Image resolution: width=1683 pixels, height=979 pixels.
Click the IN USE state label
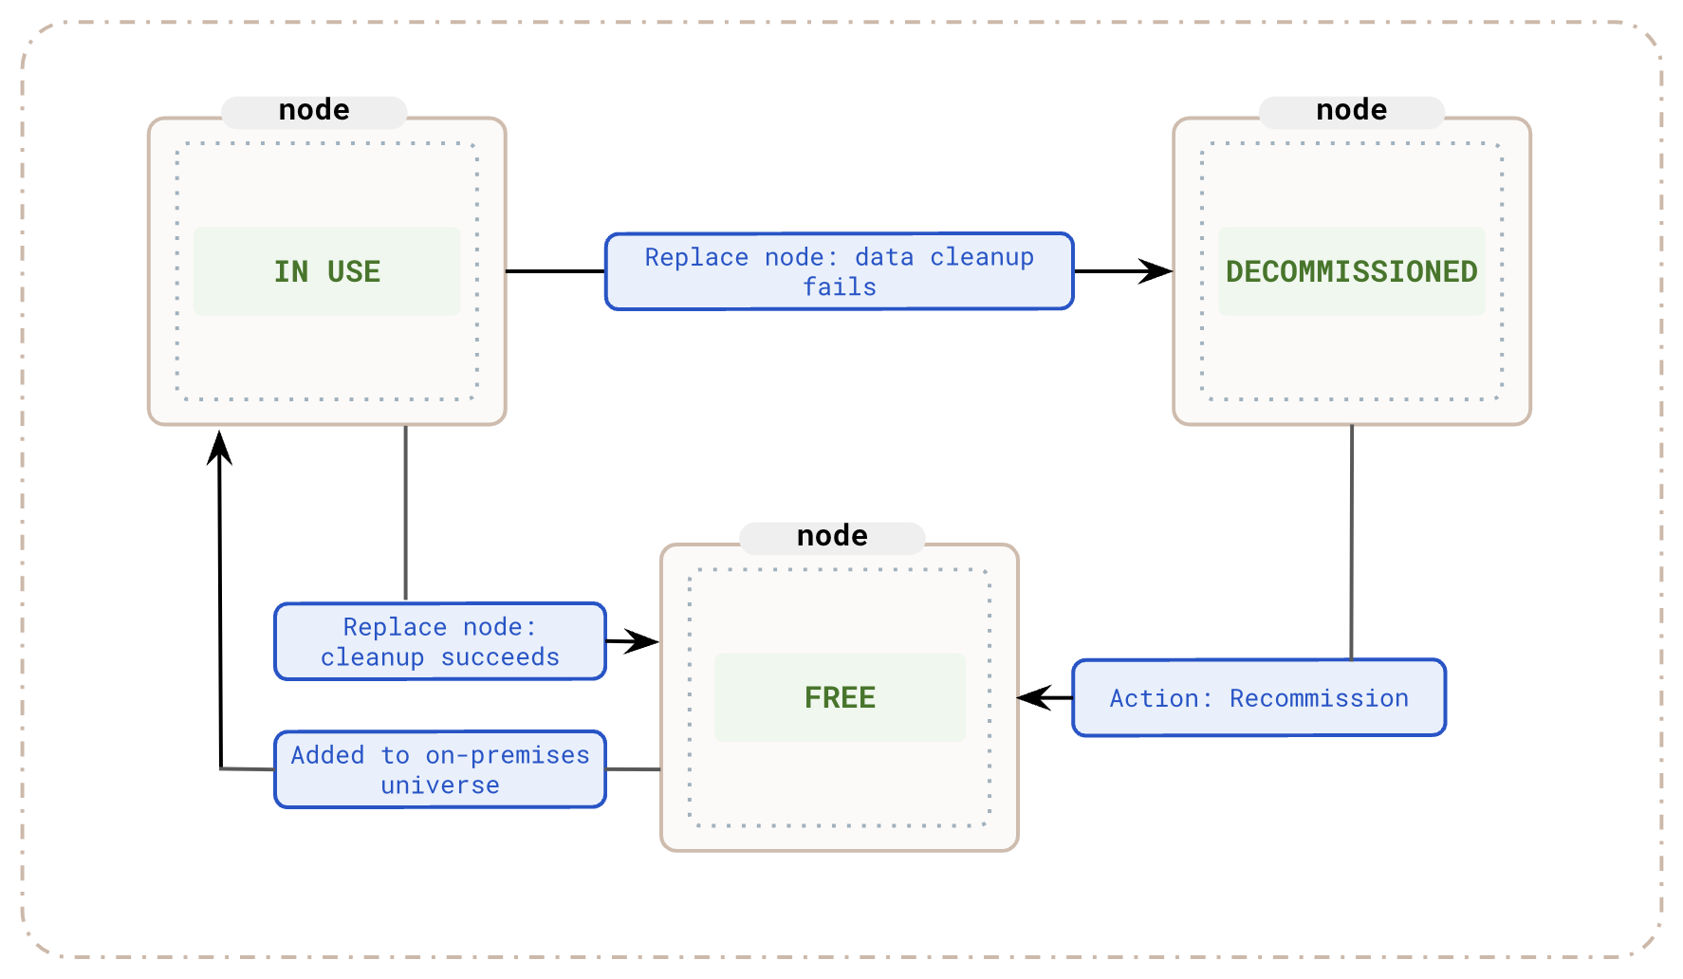tap(327, 271)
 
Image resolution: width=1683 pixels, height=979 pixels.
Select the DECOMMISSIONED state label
tap(1351, 271)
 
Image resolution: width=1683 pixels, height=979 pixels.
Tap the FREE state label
tap(840, 697)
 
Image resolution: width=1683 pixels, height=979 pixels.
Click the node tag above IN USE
tap(314, 110)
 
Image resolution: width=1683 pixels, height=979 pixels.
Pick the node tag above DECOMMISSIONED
tap(1351, 110)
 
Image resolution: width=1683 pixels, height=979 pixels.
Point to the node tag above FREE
tap(832, 536)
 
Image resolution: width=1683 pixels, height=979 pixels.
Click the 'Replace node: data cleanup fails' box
tap(839, 271)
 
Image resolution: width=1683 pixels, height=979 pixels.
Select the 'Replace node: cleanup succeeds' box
tap(439, 641)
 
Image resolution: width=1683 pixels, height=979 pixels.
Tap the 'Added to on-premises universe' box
tap(439, 769)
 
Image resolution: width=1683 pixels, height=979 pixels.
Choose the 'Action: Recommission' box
tap(1258, 697)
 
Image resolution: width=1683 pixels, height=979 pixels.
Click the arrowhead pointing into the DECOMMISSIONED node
tap(1157, 271)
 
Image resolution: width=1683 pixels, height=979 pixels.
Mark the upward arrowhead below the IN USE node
tap(220, 448)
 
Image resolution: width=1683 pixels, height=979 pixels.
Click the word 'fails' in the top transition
tap(840, 286)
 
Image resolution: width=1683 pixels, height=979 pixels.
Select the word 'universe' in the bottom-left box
tap(439, 785)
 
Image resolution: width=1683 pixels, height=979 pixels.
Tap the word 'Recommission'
tap(1319, 698)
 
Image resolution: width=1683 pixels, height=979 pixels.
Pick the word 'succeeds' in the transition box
tap(500, 656)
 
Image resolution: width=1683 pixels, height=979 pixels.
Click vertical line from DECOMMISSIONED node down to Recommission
tap(1351, 541)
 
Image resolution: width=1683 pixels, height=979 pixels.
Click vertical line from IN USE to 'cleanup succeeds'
tap(406, 512)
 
